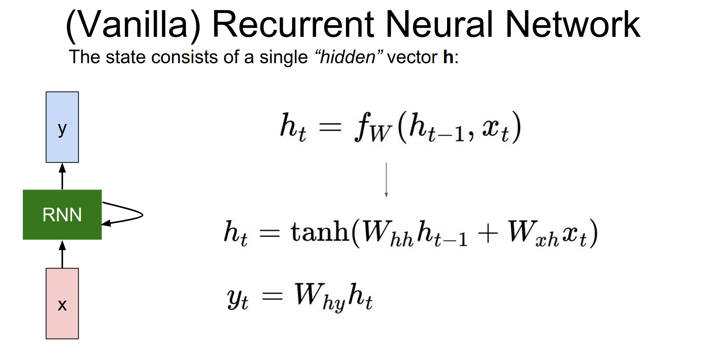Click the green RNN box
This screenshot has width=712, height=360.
click(62, 215)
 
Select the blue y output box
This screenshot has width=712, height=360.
click(62, 127)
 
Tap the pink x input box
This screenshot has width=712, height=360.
click(62, 303)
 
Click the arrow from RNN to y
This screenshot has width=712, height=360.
click(62, 176)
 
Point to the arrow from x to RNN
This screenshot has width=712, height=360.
click(62, 254)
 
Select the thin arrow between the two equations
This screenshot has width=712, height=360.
click(386, 180)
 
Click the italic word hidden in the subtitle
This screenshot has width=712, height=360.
click(348, 57)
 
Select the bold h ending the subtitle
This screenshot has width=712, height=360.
click(448, 57)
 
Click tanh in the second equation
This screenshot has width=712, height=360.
click(320, 232)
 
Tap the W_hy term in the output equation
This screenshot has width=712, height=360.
click(320, 296)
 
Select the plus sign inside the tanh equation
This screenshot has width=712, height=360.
click(488, 234)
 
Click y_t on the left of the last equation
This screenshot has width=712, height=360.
click(237, 298)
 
